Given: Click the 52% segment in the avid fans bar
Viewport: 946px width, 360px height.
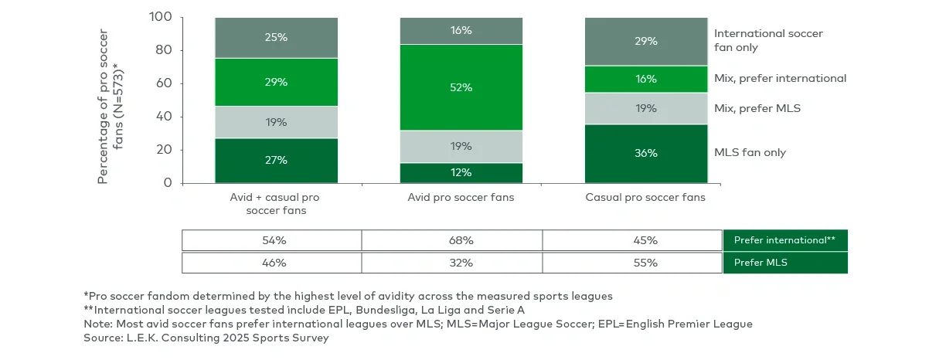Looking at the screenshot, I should click(x=461, y=87).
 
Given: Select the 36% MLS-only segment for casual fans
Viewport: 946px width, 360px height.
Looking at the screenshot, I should click(x=645, y=153).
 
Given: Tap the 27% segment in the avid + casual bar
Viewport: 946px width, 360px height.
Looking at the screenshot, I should click(x=277, y=160).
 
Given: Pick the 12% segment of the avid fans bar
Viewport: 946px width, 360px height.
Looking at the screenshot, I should click(x=461, y=172).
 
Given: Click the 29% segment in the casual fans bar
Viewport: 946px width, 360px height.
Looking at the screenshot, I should click(x=645, y=41).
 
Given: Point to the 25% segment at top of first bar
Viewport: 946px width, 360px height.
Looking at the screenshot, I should click(x=277, y=37).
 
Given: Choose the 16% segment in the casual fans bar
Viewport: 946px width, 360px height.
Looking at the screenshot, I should click(x=645, y=79).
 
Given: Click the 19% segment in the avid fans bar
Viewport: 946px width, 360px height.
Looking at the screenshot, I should click(x=461, y=146).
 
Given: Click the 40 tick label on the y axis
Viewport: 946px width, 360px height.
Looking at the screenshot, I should click(x=163, y=117).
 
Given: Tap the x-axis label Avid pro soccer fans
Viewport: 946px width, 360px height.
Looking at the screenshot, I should click(x=461, y=198).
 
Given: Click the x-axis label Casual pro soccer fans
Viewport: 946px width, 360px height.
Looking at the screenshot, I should click(x=645, y=198).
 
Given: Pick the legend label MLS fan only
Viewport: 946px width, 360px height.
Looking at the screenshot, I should click(x=750, y=152).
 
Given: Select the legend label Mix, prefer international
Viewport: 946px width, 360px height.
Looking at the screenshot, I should click(x=780, y=78).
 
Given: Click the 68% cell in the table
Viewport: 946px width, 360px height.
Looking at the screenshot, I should click(x=461, y=240).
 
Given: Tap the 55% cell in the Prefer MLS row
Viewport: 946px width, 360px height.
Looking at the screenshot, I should click(x=645, y=263).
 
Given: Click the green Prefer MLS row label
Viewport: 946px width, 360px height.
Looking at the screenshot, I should click(x=785, y=263).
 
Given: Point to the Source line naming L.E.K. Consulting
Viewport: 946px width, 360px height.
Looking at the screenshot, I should click(x=206, y=338).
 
